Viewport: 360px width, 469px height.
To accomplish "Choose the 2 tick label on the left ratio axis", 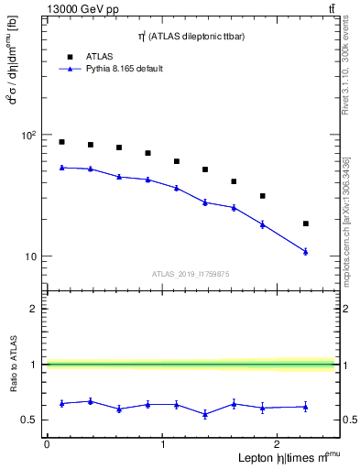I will [33, 309].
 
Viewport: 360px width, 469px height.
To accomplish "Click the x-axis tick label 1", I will [162, 444].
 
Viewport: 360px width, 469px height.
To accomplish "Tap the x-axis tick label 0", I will [47, 444].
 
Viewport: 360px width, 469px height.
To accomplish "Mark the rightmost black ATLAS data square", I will [306, 224].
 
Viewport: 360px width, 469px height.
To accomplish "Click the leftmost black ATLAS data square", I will [61, 142].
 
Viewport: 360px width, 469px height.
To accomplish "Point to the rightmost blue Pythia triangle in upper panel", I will [306, 251].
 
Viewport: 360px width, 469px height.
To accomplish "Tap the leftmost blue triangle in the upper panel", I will [61, 168].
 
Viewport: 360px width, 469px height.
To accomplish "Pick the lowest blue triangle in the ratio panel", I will [205, 414].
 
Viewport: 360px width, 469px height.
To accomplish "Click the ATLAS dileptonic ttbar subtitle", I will [191, 37].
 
